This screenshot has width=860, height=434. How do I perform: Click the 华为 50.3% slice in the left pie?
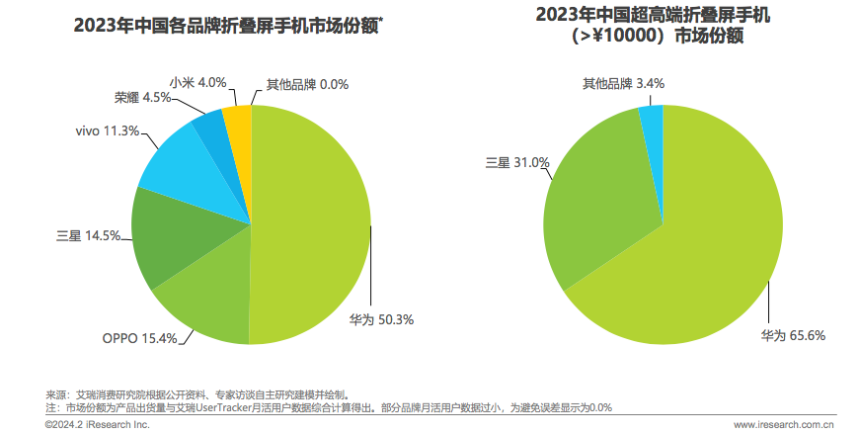311,227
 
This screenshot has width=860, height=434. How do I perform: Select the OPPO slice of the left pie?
202,302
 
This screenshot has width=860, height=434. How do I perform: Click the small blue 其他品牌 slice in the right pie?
652,118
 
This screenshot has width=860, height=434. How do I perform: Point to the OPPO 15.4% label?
140,338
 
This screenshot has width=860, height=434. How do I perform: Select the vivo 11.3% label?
107,130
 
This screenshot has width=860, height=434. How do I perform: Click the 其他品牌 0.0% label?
308,85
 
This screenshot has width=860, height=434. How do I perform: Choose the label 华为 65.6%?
792,335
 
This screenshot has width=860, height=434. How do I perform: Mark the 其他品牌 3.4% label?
622,83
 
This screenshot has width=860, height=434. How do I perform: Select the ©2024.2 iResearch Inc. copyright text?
97,424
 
